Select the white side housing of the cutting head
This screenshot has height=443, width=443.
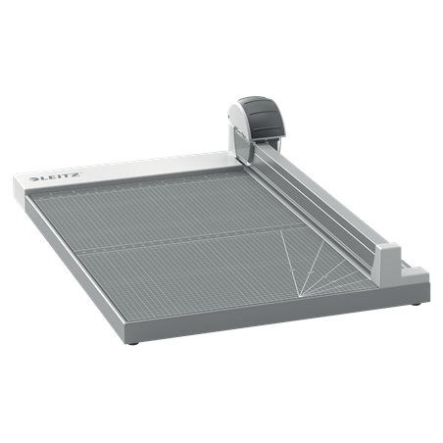coord(237,126)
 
